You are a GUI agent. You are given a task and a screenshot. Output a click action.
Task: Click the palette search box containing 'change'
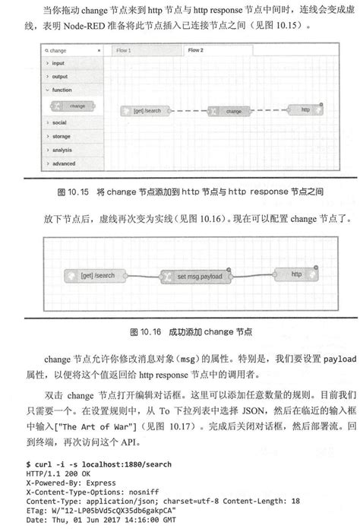point(73,52)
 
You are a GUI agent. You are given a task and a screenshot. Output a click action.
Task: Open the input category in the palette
point(60,64)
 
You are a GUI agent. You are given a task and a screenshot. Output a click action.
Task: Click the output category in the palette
point(60,77)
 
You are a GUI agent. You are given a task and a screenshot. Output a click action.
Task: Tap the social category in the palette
point(60,122)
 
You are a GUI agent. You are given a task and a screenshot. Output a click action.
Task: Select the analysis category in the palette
point(63,150)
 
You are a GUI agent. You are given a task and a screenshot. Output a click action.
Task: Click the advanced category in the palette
point(64,163)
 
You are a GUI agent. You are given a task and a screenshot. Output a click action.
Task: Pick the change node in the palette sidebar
point(73,106)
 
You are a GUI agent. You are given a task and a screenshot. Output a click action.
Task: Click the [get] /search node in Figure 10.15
point(147,110)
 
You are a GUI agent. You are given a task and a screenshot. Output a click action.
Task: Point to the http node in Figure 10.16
point(298,273)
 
